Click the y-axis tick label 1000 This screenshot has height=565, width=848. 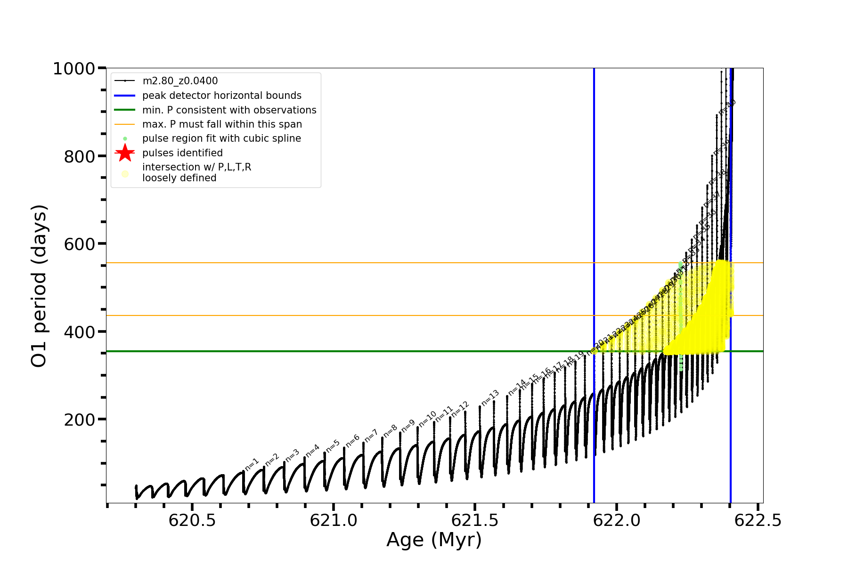pos(74,69)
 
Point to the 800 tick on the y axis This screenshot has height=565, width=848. pos(80,156)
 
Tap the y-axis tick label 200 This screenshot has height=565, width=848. pos(80,420)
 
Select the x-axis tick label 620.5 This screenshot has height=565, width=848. pos(192,520)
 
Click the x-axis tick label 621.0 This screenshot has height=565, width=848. pos(334,520)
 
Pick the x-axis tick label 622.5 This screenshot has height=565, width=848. pos(758,520)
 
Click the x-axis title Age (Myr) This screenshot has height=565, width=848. pos(434,540)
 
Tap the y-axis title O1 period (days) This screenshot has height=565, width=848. pos(39,286)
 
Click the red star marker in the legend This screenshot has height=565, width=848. pos(125,153)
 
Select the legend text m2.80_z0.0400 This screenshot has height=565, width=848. pos(180,81)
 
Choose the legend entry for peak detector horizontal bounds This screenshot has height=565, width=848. pos(221,96)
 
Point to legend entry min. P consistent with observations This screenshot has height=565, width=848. pos(229,110)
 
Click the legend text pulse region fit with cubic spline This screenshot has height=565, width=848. pos(221,138)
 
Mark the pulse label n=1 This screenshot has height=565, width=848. pos(252,464)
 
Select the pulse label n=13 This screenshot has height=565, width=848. pos(490,398)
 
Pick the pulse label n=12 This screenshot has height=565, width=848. pos(460,409)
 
